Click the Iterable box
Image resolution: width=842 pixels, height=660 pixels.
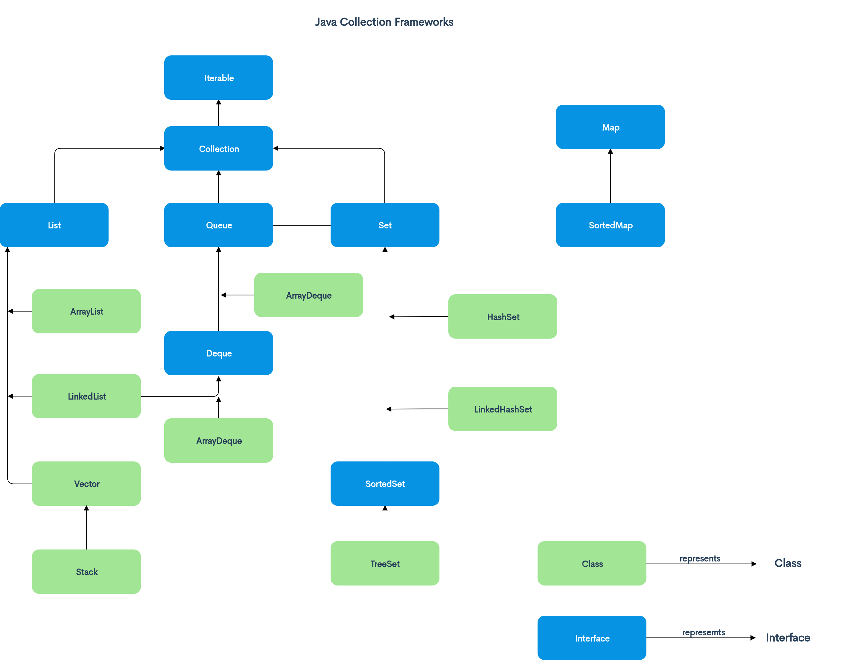(219, 78)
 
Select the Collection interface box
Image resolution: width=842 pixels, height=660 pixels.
(219, 148)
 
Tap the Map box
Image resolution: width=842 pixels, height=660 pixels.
(610, 127)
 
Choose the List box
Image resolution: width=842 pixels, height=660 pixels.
(54, 225)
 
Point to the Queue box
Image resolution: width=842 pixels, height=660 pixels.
(219, 225)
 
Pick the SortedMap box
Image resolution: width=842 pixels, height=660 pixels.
(610, 225)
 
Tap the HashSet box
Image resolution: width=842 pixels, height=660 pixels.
(503, 316)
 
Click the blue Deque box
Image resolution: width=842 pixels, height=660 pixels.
(219, 353)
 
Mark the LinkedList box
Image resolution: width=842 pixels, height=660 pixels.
(86, 396)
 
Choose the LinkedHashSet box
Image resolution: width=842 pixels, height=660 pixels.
(503, 409)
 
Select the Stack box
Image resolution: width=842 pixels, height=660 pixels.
(86, 572)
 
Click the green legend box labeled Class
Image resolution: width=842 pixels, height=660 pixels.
(592, 563)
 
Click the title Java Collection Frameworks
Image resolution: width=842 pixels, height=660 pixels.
(384, 22)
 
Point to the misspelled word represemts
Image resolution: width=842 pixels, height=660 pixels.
(703, 633)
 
